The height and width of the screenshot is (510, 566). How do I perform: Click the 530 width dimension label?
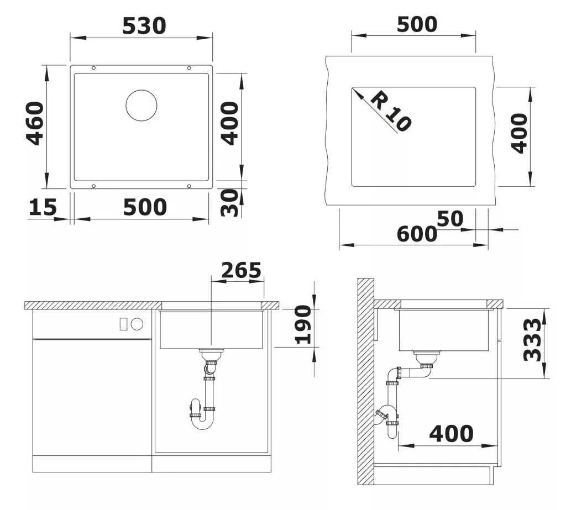pos(144,25)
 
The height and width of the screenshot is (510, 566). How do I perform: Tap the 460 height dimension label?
pos(35,123)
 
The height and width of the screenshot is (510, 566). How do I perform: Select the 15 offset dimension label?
pos(43,207)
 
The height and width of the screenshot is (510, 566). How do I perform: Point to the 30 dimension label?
pos(229,203)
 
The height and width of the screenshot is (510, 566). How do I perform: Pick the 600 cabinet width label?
pos(417,234)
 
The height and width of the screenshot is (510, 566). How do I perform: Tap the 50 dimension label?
pos(450,218)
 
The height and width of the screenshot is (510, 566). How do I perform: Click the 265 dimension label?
pos(241,270)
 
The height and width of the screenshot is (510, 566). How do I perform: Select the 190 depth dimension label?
pos(303,324)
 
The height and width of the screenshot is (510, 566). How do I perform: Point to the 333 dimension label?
pos(532,340)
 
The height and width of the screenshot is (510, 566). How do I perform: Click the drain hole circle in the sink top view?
pos(141,106)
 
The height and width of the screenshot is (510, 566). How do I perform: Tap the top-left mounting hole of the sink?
pos(94,68)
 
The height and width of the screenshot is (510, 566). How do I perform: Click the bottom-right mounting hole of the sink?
pos(189,186)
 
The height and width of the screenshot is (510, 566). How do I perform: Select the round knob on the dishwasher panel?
pos(137,324)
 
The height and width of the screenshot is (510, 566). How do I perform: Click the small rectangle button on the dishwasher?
pos(123,324)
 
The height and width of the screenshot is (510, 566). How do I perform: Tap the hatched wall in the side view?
pos(366,381)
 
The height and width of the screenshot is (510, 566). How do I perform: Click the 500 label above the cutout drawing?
pos(417,24)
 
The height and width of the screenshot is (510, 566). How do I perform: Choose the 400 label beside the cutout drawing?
pos(520,134)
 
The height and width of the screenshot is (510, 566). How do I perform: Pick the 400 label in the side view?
pos(451,433)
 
